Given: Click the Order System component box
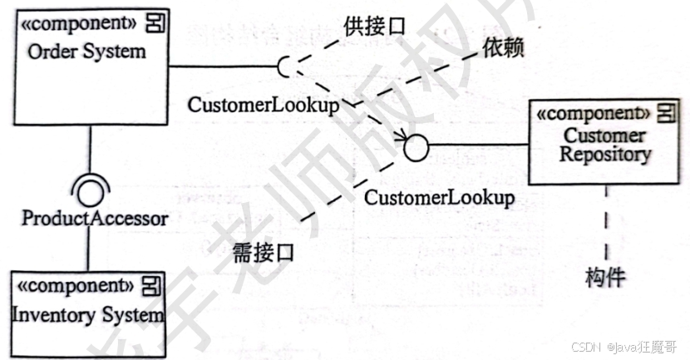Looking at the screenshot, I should click(x=87, y=67).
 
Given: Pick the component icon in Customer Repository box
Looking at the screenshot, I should click(x=665, y=112).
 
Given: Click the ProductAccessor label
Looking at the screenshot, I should click(x=95, y=219).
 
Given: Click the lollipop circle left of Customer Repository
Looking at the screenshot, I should click(x=416, y=148).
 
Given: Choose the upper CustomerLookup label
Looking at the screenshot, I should click(x=263, y=106).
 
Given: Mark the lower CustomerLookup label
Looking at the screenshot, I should click(x=439, y=198).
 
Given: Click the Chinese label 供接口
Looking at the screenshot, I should click(x=374, y=26).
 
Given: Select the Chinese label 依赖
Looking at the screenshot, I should click(x=503, y=49).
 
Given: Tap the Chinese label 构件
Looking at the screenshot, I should click(x=605, y=278).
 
